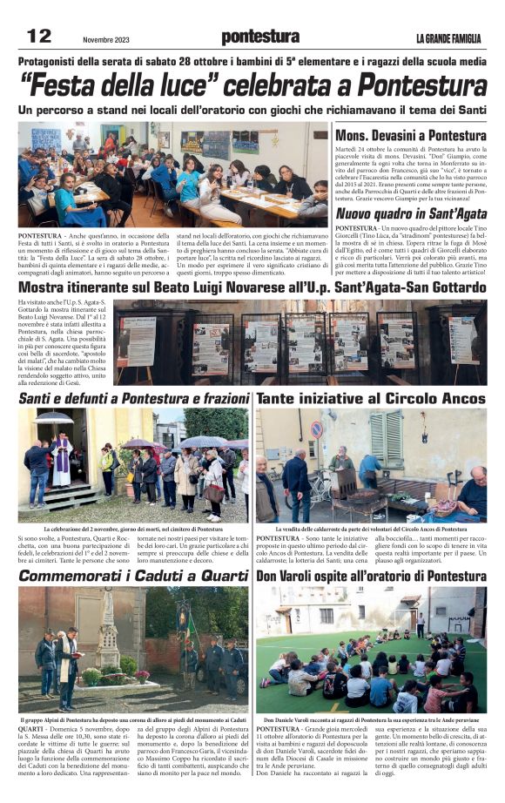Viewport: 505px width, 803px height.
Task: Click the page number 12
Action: (x=40, y=36)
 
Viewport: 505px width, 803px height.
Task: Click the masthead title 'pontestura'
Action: (x=259, y=37)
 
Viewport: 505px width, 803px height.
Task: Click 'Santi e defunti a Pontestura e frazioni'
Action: (x=134, y=398)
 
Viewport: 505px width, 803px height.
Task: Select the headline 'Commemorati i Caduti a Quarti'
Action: (x=134, y=576)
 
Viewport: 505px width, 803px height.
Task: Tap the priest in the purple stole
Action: (x=61, y=459)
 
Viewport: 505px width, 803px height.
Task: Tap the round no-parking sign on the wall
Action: (x=317, y=429)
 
